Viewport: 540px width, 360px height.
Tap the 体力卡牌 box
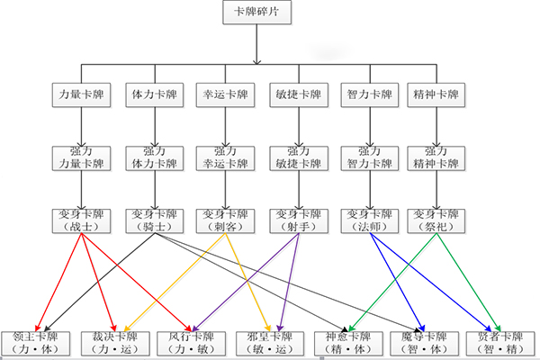point(149,94)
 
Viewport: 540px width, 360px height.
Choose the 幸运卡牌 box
point(221,94)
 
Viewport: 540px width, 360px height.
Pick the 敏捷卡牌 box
point(294,94)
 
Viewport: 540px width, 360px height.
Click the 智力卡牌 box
point(367,94)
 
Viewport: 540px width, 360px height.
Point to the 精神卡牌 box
point(436,94)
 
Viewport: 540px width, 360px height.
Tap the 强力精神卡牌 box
point(436,157)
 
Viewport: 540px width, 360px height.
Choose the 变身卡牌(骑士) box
point(149,220)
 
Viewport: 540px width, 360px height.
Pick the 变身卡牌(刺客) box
point(221,220)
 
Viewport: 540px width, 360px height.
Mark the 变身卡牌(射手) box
point(294,220)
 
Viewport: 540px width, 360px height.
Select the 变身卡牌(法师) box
point(367,220)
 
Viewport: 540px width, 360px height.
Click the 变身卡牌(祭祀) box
point(436,220)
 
